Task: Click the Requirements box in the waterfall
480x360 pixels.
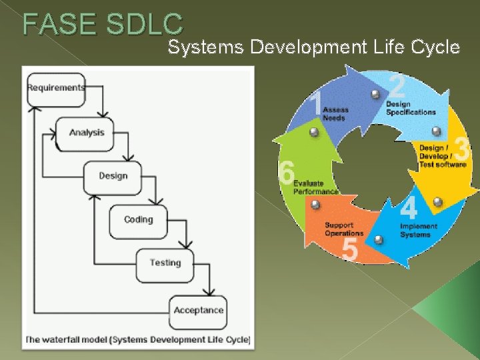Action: click(x=56, y=88)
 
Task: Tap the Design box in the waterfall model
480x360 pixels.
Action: click(x=112, y=176)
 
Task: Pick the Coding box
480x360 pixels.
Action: click(x=138, y=220)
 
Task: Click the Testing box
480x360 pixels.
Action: click(x=165, y=263)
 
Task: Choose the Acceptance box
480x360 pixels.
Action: click(x=198, y=310)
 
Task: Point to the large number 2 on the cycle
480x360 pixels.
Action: click(x=397, y=87)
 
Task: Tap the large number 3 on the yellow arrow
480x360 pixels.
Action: click(x=461, y=149)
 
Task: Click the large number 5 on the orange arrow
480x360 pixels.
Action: click(x=349, y=250)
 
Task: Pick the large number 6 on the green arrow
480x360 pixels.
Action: click(x=287, y=173)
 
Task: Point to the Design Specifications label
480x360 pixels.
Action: click(x=410, y=108)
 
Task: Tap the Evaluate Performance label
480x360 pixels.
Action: click(x=315, y=187)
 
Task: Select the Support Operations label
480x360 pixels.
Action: click(x=343, y=229)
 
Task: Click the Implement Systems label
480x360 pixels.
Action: click(x=419, y=230)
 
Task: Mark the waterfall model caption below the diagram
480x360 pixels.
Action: click(x=137, y=340)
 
